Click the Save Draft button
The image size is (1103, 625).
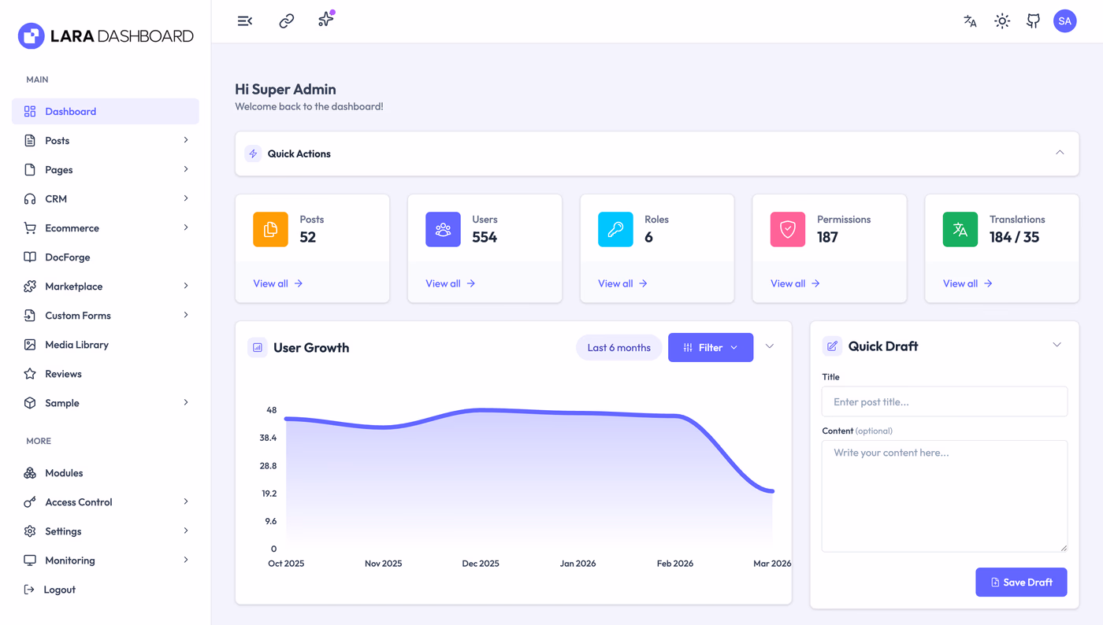pos(1021,582)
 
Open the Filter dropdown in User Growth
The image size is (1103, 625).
pos(711,347)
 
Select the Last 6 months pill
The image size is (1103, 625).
pos(619,347)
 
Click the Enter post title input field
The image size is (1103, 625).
pos(945,401)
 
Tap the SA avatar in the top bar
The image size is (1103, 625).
pos(1064,21)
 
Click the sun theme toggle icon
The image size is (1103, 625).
pos(1002,21)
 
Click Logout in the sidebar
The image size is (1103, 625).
pos(50,589)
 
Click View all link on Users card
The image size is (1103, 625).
pos(450,283)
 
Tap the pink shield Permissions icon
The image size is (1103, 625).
pos(787,229)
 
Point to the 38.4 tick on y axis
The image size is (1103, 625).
pos(268,438)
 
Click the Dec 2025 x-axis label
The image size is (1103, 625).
pos(480,563)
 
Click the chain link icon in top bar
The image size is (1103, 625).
pos(287,21)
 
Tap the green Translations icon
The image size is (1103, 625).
pos(960,229)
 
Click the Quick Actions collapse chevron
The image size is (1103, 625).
pos(1060,153)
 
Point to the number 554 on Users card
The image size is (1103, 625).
pos(485,237)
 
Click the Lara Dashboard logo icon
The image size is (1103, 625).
pos(31,36)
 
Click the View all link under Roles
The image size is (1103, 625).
pos(622,283)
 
